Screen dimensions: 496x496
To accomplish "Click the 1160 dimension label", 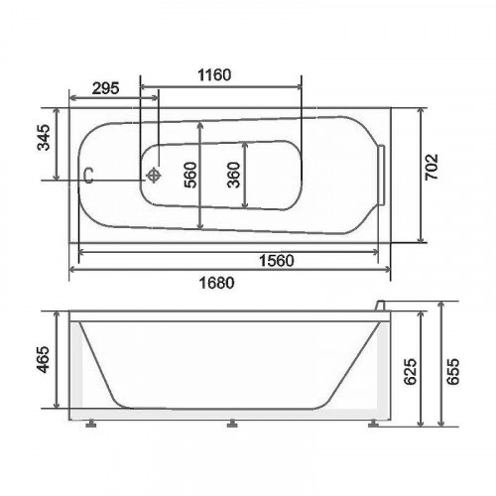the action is coord(214,75).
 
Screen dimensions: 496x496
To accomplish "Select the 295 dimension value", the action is coord(105,88).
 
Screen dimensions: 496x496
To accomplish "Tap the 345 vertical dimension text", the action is coord(44,138).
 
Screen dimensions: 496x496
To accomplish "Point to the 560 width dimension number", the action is coord(190,175).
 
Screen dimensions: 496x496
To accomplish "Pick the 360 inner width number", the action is coord(234,175).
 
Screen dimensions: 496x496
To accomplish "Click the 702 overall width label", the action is coord(432,167).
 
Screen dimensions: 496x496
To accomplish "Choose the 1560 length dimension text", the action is coord(276,261).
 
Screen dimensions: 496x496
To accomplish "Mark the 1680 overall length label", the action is coord(216,283).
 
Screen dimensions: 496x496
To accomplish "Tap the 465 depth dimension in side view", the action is coord(44,359).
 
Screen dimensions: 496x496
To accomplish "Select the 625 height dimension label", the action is coord(411,371).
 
